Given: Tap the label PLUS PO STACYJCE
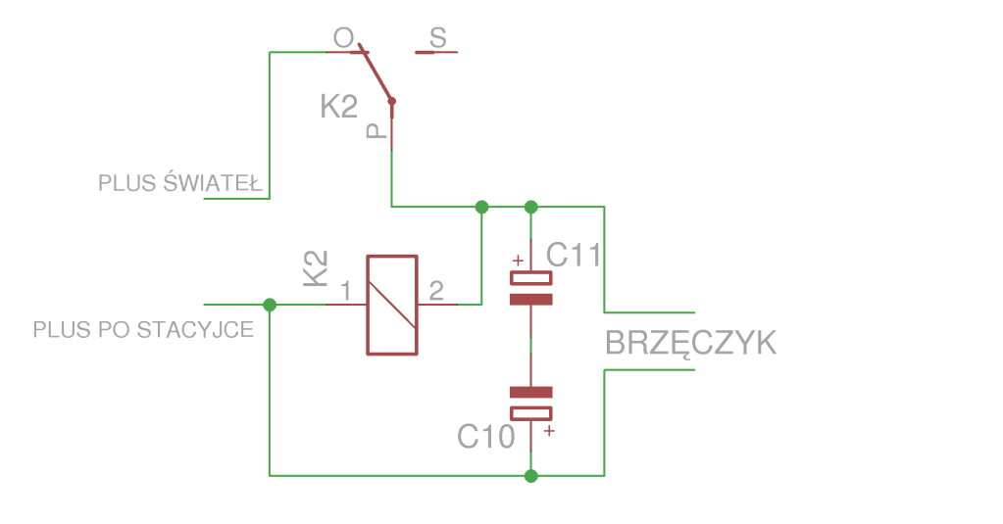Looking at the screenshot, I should pos(143,329).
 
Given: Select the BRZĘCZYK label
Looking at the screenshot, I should pos(690,344).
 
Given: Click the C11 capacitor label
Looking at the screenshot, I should pos(574,256).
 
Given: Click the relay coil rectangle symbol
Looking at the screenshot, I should pos(392,305).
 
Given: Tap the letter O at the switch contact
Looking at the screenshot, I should pos(343,38).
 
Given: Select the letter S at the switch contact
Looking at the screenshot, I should pos(438,38).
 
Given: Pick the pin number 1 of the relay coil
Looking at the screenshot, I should pos(345,291).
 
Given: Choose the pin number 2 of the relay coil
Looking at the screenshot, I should pos(436,291).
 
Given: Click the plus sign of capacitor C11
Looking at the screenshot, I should pos(518,261).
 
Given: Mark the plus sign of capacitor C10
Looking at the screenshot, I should pos(549,430).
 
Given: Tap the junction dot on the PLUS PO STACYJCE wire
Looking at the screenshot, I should pos(270,305).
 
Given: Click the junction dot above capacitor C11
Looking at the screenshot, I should pos(530,207).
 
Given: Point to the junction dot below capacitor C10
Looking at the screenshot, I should pos(530,476).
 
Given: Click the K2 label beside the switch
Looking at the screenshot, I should pos(339,107).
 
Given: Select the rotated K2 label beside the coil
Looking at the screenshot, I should pos(315,268).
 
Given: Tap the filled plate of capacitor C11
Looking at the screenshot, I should pos(530,300).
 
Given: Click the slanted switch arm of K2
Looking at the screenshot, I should pos(376,73).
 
